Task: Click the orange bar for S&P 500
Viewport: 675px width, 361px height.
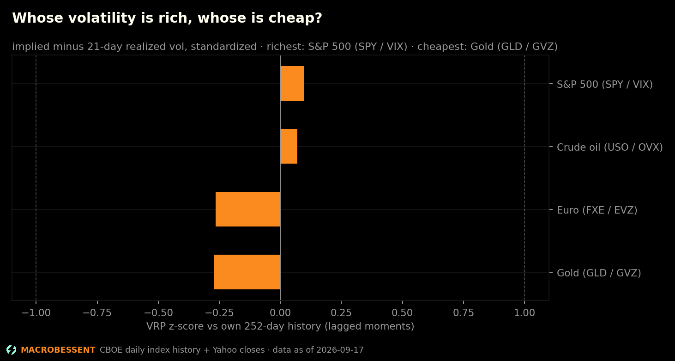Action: (x=292, y=84)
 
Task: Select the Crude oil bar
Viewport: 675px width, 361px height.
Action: (x=289, y=146)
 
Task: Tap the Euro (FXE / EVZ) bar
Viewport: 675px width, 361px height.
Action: (x=248, y=209)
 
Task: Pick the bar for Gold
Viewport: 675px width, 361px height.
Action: (x=247, y=272)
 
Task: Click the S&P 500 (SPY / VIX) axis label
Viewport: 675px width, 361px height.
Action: (x=604, y=85)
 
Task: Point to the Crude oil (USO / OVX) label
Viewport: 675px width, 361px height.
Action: (x=609, y=147)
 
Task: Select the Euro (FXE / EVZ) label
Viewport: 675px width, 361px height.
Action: (x=597, y=210)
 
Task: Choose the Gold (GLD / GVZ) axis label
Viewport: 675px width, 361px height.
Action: (x=599, y=273)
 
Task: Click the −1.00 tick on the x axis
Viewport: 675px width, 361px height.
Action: (x=36, y=313)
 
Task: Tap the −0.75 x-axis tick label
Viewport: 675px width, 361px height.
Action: (x=97, y=313)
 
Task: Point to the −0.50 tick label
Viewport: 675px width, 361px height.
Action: (x=158, y=313)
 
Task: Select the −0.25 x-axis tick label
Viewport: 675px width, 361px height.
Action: (x=219, y=313)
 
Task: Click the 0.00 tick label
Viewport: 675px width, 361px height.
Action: (x=280, y=313)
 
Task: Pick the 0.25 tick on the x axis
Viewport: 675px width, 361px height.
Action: (x=341, y=313)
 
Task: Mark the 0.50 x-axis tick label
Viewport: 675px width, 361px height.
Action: (x=402, y=313)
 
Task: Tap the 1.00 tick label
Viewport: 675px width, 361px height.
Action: (x=524, y=313)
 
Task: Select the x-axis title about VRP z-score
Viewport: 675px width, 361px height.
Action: (x=280, y=326)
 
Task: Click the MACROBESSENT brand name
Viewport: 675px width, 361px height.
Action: (x=58, y=350)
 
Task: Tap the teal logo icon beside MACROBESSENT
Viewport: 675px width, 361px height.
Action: (x=12, y=350)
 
